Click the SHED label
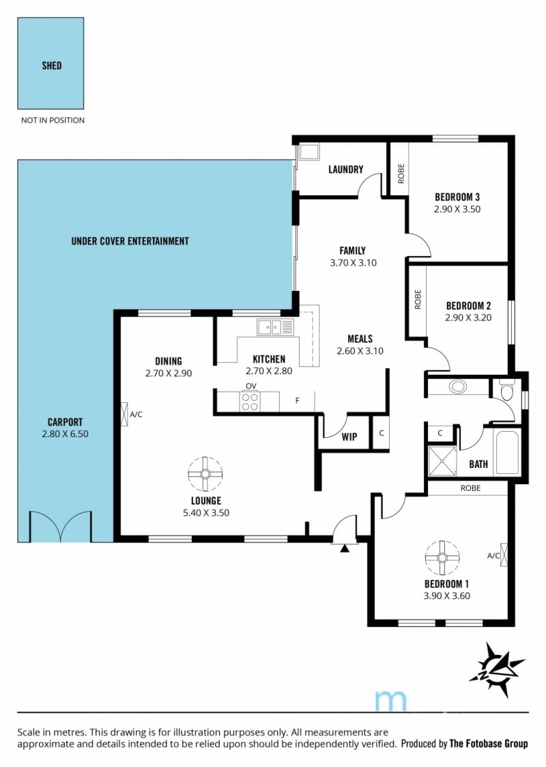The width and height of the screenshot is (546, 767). coord(51,65)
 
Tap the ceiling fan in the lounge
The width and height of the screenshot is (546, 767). coord(205,474)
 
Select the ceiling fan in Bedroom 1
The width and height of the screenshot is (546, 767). coord(442,557)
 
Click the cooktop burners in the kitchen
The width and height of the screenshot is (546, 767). coord(250,402)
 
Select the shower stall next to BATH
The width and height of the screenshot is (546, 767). coord(442,461)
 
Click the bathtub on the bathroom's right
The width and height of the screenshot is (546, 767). coord(507,452)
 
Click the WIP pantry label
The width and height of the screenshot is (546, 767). coord(349,437)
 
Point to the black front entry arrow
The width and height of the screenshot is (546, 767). coord(345,548)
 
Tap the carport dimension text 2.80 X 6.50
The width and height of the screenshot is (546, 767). coord(65,434)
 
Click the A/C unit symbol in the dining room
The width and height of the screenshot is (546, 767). coord(124,415)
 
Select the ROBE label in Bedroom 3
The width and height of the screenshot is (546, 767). coord(401,173)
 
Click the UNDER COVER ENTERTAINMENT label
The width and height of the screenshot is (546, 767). coord(130,240)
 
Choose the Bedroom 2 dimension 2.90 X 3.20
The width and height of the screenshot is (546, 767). coord(468,318)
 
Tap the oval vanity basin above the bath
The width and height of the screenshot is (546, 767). coord(457,387)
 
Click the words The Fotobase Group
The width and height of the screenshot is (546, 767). coord(488,744)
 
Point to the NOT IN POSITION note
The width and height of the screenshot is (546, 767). coord(53,120)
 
